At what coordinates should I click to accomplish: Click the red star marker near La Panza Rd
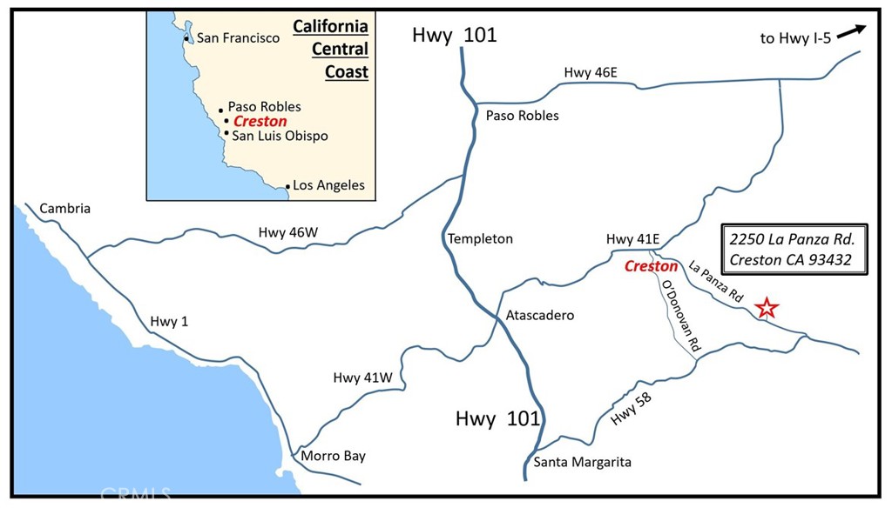(767, 307)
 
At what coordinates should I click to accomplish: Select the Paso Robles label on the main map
(522, 116)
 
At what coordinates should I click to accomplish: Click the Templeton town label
(480, 238)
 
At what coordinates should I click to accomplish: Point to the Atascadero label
(540, 315)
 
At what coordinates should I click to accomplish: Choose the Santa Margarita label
(582, 462)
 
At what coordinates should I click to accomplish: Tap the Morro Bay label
(333, 456)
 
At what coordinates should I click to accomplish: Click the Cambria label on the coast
(64, 209)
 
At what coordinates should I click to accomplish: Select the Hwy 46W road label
(288, 232)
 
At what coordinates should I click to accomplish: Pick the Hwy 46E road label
(590, 73)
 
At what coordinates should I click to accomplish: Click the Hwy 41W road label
(363, 378)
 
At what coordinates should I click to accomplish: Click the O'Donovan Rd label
(680, 315)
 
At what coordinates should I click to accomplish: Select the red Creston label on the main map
(651, 266)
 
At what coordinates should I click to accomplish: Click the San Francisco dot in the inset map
(186, 39)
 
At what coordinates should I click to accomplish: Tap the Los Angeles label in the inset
(328, 185)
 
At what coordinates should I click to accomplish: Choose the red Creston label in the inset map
(260, 121)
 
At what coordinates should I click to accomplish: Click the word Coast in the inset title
(346, 72)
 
